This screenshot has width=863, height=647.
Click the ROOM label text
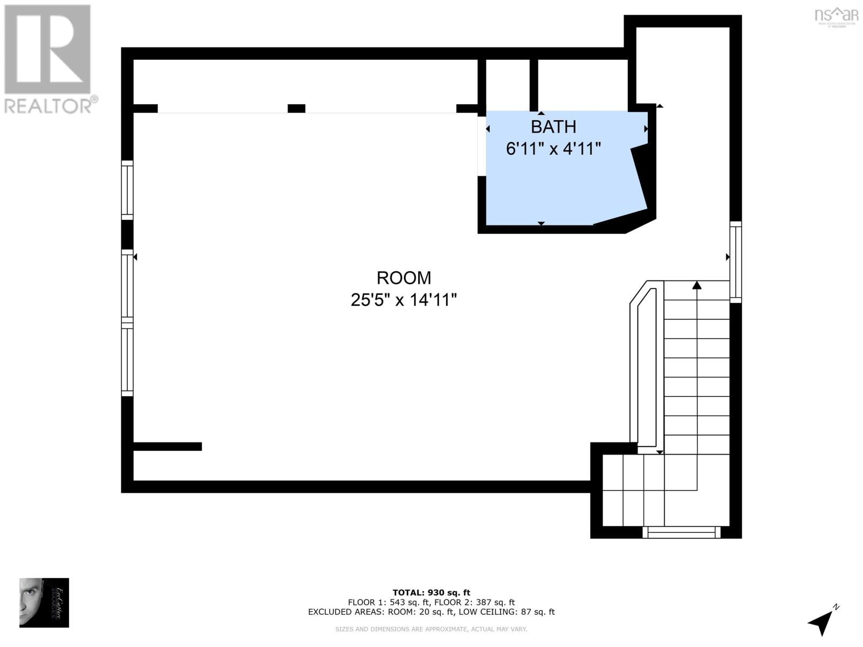click(403, 278)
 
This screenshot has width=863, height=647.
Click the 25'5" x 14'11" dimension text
click(403, 300)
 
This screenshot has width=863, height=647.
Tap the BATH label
click(553, 127)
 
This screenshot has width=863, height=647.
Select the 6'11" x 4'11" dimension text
click(553, 149)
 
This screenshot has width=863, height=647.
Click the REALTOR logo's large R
click(47, 50)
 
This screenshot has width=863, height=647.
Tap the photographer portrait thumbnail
click(44, 602)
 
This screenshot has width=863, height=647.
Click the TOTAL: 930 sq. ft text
click(431, 593)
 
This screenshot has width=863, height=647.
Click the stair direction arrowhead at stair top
click(697, 285)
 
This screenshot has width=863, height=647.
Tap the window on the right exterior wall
click(735, 261)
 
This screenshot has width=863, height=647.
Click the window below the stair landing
click(681, 533)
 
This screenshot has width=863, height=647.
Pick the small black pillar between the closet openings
click(296, 108)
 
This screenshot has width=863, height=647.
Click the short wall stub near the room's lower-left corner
click(167, 446)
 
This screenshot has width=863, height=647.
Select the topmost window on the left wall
click(127, 190)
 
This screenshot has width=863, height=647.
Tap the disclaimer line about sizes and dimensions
click(431, 629)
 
